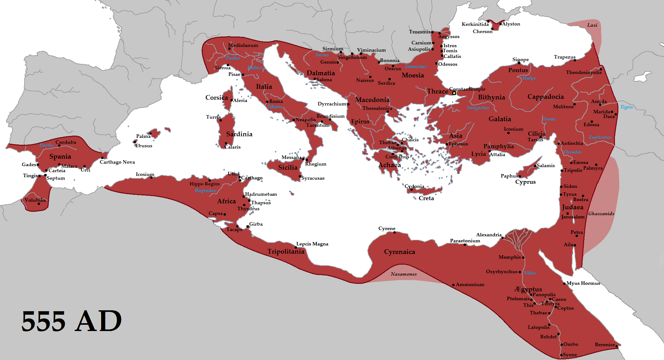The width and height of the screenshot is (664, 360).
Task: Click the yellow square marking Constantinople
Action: tap(454, 93)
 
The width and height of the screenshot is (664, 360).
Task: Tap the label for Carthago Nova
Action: tap(117, 162)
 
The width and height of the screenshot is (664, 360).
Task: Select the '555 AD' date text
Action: tap(71, 321)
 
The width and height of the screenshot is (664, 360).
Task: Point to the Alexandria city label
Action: tap(488, 235)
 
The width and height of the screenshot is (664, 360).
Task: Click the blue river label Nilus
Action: tap(530, 273)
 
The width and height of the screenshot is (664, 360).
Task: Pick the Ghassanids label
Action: tap(601, 214)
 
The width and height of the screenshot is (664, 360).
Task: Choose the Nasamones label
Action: tap(404, 274)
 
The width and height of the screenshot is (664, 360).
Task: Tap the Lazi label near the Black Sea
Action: tap(592, 25)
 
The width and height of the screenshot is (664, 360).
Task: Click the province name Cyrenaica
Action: tap(399, 252)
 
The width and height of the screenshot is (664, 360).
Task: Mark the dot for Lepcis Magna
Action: tap(296, 248)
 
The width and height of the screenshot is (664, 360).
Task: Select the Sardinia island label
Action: tap(239, 134)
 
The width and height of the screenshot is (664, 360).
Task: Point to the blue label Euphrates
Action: tap(600, 137)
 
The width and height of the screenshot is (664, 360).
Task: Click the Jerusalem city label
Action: tap(573, 217)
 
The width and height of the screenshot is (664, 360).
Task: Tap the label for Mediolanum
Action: tap(243, 45)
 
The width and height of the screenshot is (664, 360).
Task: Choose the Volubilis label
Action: tap(35, 200)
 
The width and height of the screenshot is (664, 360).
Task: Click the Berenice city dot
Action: tap(617, 346)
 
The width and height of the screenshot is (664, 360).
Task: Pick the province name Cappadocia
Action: tap(545, 97)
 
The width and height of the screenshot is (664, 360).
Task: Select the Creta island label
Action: tap(426, 198)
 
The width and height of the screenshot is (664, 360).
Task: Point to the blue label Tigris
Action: tap(626, 107)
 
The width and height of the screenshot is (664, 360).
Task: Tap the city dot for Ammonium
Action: tap(453, 285)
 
